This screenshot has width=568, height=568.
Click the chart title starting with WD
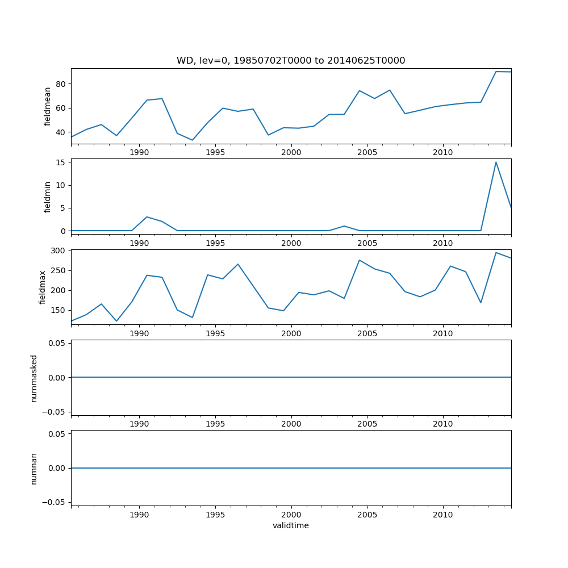click(291, 61)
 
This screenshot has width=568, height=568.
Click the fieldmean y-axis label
click(48, 106)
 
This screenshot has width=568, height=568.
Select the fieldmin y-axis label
click(48, 197)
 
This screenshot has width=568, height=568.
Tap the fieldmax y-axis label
click(43, 287)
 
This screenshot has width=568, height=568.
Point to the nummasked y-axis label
click(34, 378)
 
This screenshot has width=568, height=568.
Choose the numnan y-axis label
click(34, 468)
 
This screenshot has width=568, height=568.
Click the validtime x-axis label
click(291, 525)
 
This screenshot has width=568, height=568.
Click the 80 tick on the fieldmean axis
click(60, 84)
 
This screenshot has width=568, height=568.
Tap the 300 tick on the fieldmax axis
click(58, 250)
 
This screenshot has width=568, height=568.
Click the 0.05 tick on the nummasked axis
click(56, 343)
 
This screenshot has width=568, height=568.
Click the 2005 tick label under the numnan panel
click(367, 515)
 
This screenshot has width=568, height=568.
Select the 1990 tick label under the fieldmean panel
click(139, 152)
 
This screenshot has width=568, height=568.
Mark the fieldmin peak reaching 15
click(496, 162)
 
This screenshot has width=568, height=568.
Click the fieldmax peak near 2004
click(360, 260)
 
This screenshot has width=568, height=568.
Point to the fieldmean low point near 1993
click(193, 140)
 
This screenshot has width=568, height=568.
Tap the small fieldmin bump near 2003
click(344, 226)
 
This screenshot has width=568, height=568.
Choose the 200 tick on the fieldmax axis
click(58, 290)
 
